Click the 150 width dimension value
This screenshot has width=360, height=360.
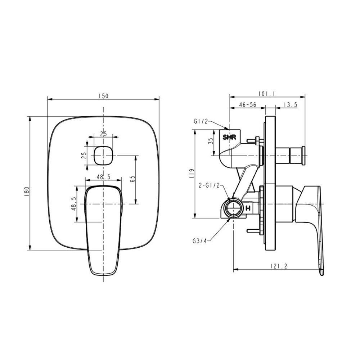click(103, 96)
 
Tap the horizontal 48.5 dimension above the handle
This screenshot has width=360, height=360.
click(103, 177)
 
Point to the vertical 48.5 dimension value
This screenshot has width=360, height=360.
click(73, 204)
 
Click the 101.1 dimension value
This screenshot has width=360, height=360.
click(267, 94)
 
